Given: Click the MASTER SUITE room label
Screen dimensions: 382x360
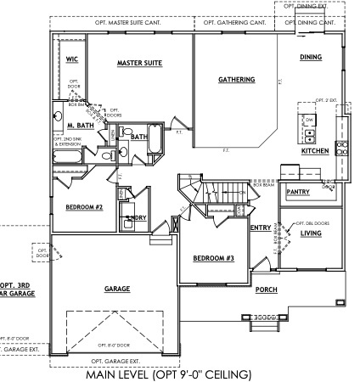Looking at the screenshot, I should [139, 63].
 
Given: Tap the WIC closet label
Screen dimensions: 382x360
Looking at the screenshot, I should [72, 59].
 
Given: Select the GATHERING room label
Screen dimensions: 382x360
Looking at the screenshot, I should [236, 80].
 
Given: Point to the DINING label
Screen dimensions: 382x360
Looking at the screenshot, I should [311, 57].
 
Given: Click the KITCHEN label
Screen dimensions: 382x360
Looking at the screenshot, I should [316, 151].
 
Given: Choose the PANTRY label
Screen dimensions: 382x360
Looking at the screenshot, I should [298, 193].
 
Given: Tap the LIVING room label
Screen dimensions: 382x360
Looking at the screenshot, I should [311, 232].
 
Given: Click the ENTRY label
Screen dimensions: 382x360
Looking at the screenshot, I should [261, 227].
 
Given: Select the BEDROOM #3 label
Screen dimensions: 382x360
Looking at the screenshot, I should [213, 257].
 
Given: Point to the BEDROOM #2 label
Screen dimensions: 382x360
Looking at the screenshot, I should [84, 206].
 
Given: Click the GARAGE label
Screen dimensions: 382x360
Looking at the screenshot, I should [116, 289].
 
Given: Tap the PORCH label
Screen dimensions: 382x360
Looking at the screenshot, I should [266, 289].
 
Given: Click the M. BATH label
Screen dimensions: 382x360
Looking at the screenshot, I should [81, 125].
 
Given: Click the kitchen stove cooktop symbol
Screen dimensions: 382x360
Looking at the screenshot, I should [340, 149].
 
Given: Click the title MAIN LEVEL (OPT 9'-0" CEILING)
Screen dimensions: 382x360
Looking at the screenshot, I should [170, 374].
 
